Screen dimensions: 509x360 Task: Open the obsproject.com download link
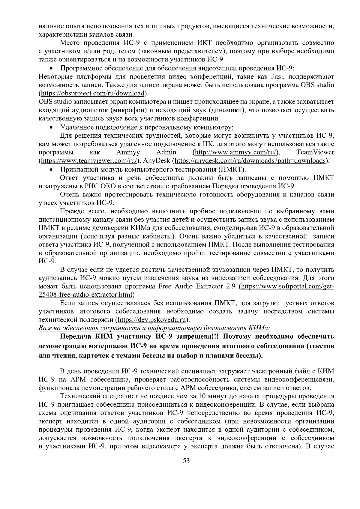93,93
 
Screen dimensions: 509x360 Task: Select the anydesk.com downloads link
250,160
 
